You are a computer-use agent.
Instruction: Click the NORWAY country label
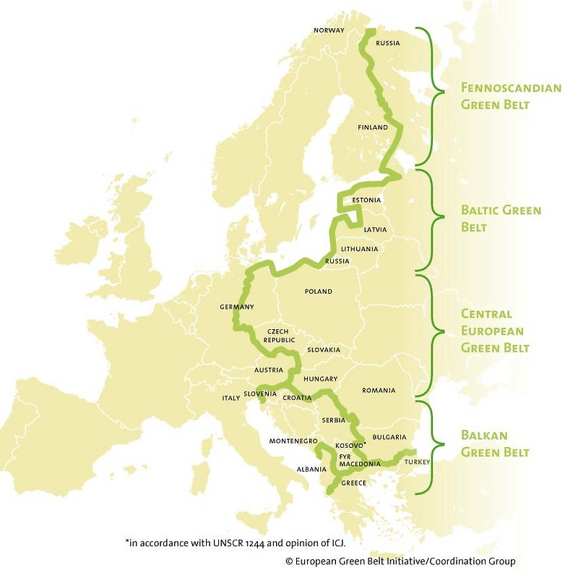click(329, 30)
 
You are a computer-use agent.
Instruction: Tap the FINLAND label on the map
click(373, 127)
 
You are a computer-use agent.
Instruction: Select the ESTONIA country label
click(367, 200)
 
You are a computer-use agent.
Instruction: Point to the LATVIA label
click(375, 229)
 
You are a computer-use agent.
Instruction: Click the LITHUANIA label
click(359, 249)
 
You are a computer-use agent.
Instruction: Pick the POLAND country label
click(318, 292)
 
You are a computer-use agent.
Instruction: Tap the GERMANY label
click(237, 307)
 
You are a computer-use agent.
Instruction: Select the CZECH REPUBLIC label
click(279, 335)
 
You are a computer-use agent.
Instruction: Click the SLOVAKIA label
click(324, 349)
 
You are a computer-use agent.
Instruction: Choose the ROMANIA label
click(379, 391)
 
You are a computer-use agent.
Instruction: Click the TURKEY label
click(418, 461)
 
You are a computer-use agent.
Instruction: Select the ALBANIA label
click(311, 469)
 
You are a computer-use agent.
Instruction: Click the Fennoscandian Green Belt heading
click(511, 96)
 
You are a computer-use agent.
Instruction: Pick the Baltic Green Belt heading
click(501, 218)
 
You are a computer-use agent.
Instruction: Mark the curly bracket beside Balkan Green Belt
click(436, 446)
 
